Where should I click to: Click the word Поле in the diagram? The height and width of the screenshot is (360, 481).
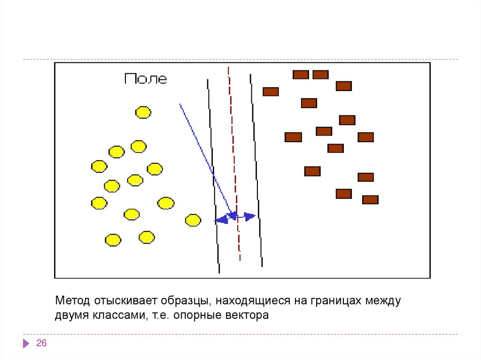(146, 79)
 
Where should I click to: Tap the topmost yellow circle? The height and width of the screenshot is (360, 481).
(143, 112)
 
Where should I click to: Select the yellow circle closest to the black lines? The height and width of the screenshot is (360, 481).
(193, 220)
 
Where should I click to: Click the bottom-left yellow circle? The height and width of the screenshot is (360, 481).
(113, 240)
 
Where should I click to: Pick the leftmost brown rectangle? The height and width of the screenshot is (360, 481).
(271, 92)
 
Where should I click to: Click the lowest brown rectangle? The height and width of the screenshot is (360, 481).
(370, 199)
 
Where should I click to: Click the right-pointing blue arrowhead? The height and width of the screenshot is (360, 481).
(250, 216)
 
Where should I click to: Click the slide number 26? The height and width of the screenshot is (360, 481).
(41, 344)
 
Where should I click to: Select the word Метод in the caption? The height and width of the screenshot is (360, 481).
(72, 300)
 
